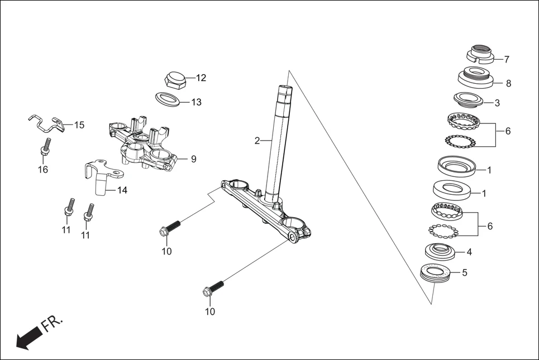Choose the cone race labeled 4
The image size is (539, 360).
click(x=441, y=251)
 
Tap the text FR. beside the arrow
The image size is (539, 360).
click(x=53, y=324)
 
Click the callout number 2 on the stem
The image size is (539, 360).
click(x=257, y=141)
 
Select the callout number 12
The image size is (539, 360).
click(x=201, y=78)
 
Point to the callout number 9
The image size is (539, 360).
click(x=193, y=159)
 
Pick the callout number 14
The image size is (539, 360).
click(x=122, y=190)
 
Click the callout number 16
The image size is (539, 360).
click(x=43, y=170)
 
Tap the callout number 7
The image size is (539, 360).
click(x=507, y=59)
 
